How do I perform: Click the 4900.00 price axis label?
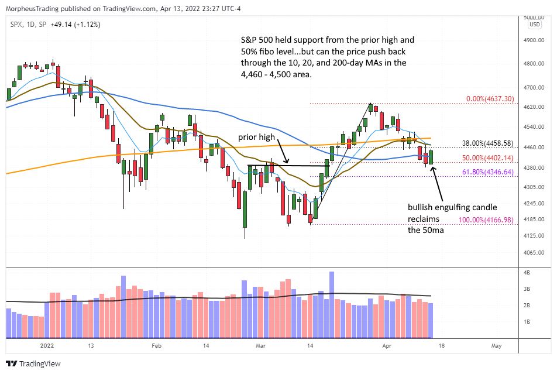[535, 40]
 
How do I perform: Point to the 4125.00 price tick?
[535, 235]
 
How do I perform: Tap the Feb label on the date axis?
[156, 345]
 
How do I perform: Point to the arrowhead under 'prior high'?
[286, 161]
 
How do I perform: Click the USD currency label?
[535, 25]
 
